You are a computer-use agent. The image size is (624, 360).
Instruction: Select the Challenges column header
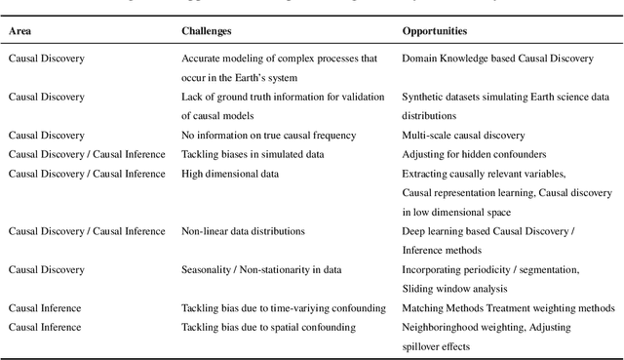point(207,31)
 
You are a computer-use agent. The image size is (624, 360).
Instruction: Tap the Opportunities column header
point(435,31)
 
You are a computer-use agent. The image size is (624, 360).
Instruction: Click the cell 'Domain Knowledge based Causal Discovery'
point(497,59)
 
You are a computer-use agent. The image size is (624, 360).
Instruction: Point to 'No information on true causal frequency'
point(268,135)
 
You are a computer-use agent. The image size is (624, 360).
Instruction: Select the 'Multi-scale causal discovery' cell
point(463,135)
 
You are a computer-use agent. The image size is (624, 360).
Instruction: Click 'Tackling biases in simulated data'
point(253,154)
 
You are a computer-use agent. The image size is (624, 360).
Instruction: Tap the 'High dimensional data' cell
point(230,174)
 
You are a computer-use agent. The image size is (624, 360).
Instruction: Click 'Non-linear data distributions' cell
point(243,231)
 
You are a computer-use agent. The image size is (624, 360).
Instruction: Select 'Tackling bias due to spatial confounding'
point(269,327)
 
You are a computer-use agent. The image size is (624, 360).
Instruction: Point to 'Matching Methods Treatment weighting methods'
point(509,308)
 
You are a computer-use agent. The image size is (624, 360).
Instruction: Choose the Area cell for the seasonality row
point(47,269)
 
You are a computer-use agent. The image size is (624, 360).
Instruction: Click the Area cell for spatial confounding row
point(45,327)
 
